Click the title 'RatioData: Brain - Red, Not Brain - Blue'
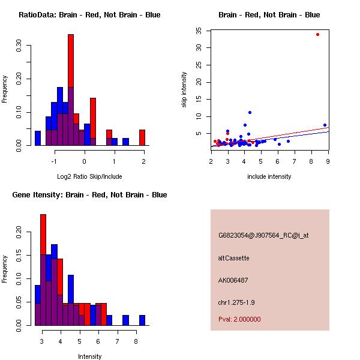tap(89, 15)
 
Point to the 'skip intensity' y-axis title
tap(184, 90)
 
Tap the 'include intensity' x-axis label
tap(270, 176)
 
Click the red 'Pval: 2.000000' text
tap(239, 319)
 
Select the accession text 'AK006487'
tap(233, 280)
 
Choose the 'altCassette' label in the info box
tap(233, 258)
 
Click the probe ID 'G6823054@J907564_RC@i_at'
tap(263, 236)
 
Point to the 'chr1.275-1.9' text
tap(238, 302)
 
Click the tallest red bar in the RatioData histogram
tap(71, 60)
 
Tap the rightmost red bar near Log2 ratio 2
tap(142, 137)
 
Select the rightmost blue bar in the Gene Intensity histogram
tap(142, 320)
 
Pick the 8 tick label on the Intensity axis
tap(136, 341)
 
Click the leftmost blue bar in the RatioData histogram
tap(38, 138)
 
